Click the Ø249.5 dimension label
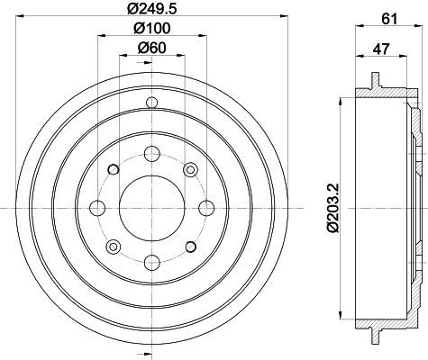pos(151,9)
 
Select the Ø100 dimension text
pos(152,28)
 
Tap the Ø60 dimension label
pos(151,48)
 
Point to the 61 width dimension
pos(389,19)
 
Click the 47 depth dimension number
pos(381,49)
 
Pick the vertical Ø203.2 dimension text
pos(333,208)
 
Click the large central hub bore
pos(152,208)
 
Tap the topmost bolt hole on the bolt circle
pos(152,154)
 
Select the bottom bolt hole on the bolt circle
pos(152,262)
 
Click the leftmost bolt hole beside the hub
pos(97,208)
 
